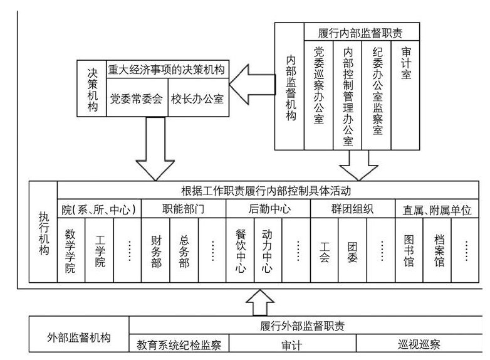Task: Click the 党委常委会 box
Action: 136,98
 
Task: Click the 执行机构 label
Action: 43,232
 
